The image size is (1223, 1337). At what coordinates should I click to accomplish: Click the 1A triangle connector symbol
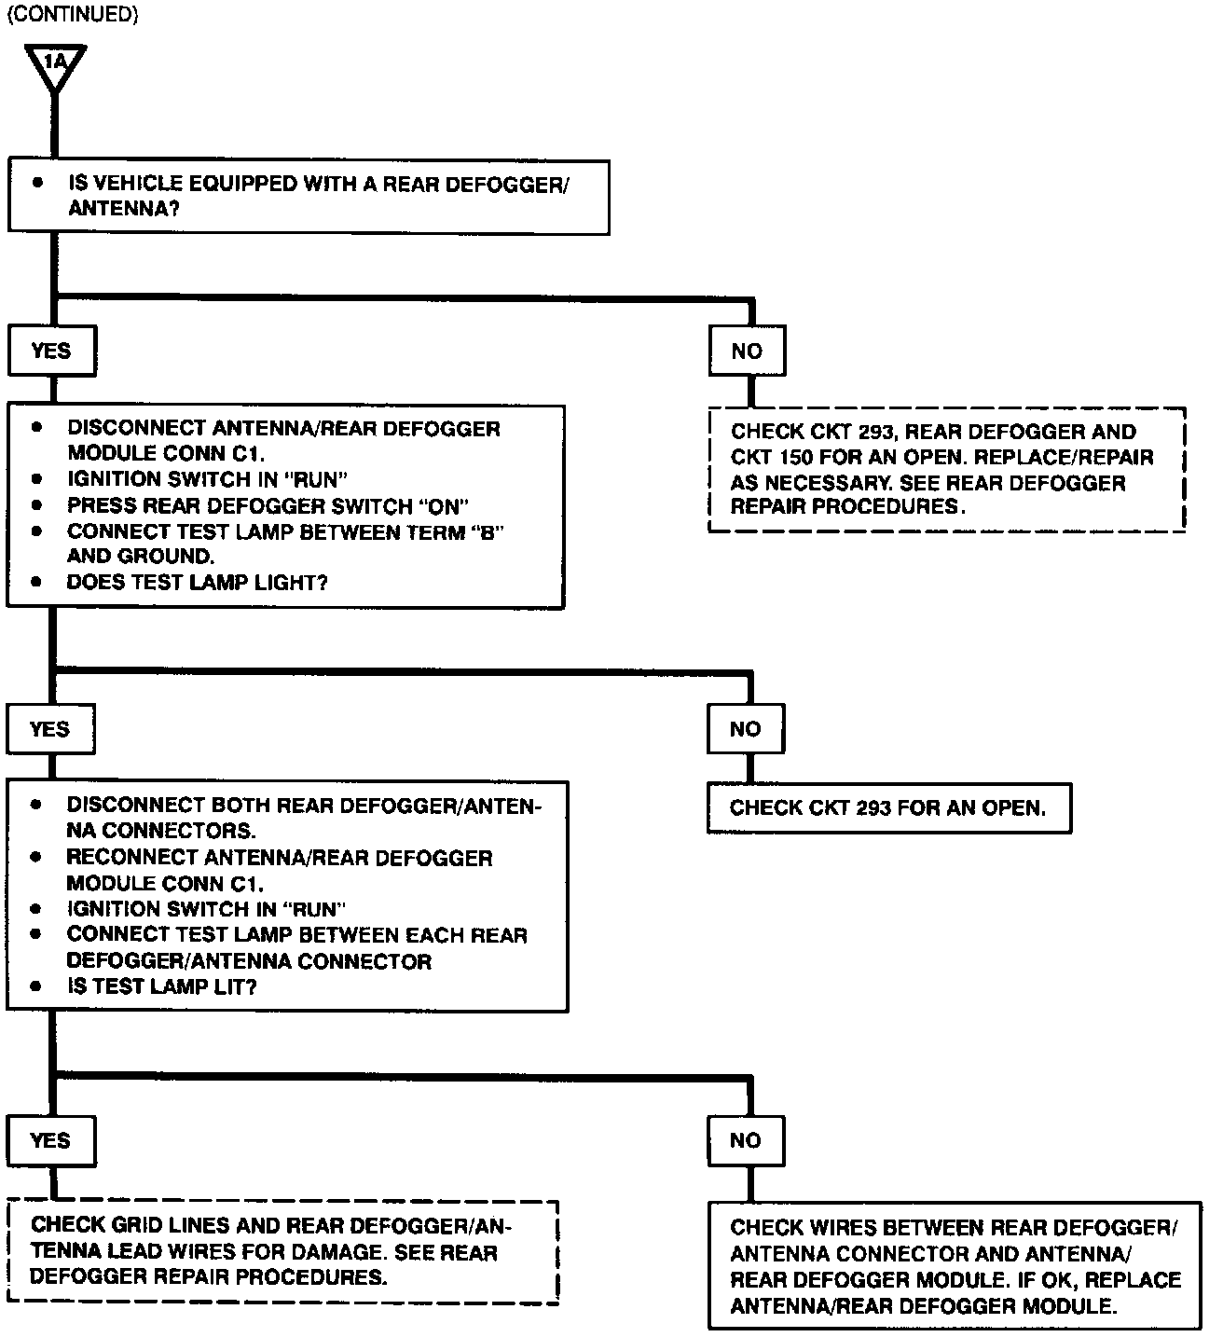pyautogui.click(x=56, y=65)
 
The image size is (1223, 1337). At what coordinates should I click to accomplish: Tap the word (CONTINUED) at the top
pyautogui.click(x=72, y=17)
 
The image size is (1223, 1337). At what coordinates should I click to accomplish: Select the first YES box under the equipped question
pyautogui.click(x=51, y=351)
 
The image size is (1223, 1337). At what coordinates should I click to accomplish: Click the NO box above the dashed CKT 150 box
pyautogui.click(x=747, y=351)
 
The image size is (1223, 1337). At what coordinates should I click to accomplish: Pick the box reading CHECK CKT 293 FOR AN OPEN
pyautogui.click(x=888, y=808)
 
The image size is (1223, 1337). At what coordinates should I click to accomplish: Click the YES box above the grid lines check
pyautogui.click(x=50, y=1140)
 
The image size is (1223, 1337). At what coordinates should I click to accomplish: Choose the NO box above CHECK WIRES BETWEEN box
pyautogui.click(x=746, y=1140)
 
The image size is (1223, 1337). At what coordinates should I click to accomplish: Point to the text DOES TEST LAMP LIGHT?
pyautogui.click(x=197, y=583)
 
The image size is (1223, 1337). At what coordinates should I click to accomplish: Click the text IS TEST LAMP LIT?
pyautogui.click(x=161, y=986)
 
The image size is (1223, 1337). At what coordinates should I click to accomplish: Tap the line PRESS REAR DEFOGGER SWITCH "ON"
pyautogui.click(x=268, y=506)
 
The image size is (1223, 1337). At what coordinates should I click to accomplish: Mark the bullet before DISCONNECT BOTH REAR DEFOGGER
pyautogui.click(x=36, y=805)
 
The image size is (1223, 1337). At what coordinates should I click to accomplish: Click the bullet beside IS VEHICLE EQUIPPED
pyautogui.click(x=38, y=183)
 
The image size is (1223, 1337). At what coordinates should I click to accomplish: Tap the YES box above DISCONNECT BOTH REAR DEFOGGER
pyautogui.click(x=50, y=729)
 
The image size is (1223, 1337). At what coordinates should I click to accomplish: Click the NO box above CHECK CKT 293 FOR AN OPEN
pyautogui.click(x=746, y=729)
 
